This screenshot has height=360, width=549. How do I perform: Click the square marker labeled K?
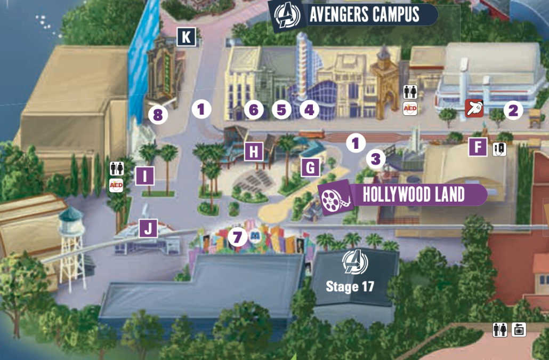[186, 37]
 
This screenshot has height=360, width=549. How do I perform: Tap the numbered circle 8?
[158, 114]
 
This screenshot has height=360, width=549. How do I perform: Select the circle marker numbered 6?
[254, 110]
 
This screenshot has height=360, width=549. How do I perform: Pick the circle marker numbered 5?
[281, 110]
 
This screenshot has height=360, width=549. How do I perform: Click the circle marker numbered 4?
[309, 110]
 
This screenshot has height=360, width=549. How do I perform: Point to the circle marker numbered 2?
[513, 110]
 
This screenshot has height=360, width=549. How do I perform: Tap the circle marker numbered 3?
[376, 158]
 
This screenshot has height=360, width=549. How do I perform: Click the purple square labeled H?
[254, 153]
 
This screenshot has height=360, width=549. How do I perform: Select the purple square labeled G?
[310, 167]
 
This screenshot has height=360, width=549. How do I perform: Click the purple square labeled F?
[478, 147]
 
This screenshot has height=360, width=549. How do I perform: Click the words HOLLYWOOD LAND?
[413, 195]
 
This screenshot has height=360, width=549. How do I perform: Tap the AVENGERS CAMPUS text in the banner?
[364, 15]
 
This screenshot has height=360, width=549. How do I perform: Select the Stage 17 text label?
[350, 286]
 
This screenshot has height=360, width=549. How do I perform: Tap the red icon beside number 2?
[473, 108]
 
